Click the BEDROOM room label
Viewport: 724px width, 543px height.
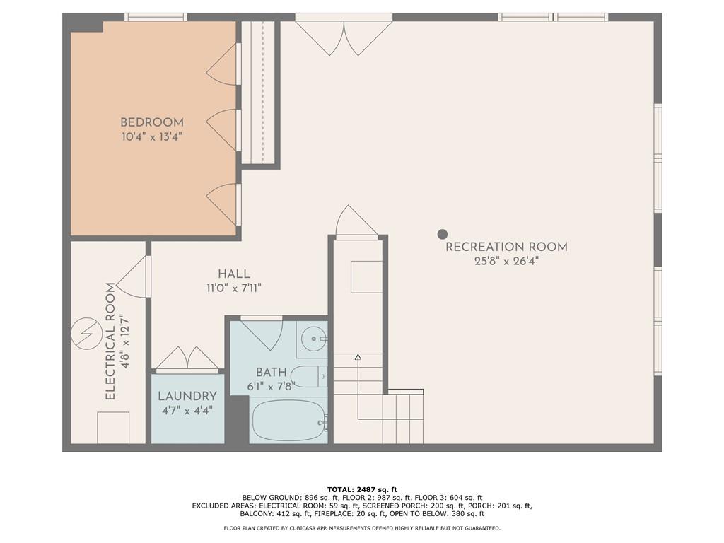pos(152,122)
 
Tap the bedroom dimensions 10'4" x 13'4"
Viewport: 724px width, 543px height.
pos(152,136)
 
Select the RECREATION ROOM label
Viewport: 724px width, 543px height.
pos(506,247)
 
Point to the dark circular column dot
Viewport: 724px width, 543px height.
pos(443,234)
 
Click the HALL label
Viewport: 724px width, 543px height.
pos(234,274)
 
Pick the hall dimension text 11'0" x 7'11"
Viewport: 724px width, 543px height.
pos(234,288)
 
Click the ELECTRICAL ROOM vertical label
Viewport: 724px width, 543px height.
pos(110,341)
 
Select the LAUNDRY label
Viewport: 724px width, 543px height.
pos(187,396)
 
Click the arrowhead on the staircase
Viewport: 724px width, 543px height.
pos(358,357)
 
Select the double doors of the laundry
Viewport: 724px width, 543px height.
pos(187,359)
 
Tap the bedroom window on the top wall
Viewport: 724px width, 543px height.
pos(156,17)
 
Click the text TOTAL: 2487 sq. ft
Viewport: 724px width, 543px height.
pos(362,489)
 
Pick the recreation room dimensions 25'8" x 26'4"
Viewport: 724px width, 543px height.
pos(506,262)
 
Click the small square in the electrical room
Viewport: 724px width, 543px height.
pos(113,428)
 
